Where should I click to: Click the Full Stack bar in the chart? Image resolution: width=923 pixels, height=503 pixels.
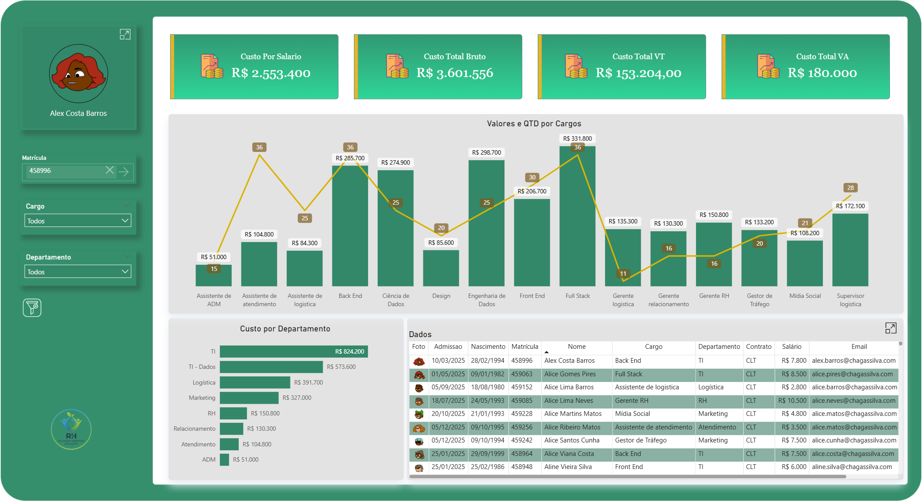[x=577, y=218]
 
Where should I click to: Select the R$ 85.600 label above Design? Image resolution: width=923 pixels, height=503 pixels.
[x=441, y=243]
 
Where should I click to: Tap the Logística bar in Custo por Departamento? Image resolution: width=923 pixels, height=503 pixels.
[x=255, y=382]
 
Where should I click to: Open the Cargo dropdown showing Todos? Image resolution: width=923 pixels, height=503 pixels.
[x=78, y=221]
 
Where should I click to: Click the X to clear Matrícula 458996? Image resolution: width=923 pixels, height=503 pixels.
[x=110, y=170]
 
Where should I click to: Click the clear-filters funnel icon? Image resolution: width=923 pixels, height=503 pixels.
[x=32, y=308]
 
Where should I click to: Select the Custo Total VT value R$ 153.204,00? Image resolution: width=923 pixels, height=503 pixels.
[x=638, y=73]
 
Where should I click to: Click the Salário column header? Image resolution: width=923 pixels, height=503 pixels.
[x=791, y=347]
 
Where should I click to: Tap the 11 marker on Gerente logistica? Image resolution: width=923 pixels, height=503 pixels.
[x=623, y=273]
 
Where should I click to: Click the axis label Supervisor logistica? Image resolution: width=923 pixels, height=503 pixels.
[x=850, y=300]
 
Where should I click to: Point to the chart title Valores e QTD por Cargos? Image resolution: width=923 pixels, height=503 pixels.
[x=534, y=124]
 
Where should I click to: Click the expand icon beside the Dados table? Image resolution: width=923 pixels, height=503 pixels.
[x=890, y=328]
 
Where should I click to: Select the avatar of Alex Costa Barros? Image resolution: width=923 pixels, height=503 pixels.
[x=78, y=73]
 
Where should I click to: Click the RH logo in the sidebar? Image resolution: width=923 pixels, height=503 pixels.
[x=71, y=429]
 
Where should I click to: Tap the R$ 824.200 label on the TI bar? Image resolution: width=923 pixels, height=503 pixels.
[x=349, y=351]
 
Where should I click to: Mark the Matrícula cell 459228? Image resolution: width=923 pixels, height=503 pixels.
[x=522, y=414]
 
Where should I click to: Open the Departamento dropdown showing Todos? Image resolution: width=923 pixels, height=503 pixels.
[x=78, y=272]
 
